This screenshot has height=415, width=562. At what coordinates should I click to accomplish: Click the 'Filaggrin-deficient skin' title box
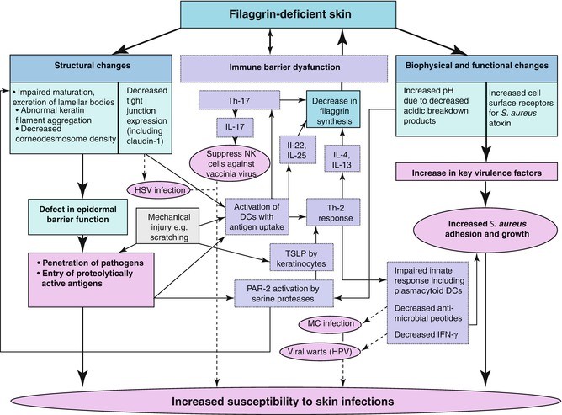tap(279, 15)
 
